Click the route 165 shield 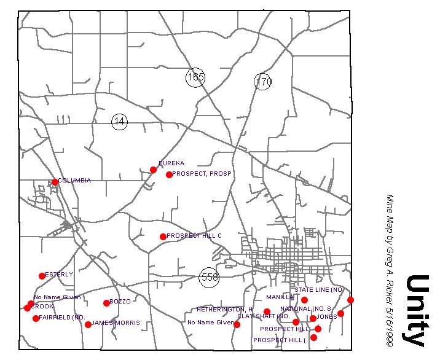[x=195, y=77]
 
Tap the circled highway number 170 [x=263, y=82]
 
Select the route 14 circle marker [x=119, y=122]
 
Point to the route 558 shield [x=210, y=277]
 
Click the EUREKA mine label [x=171, y=163]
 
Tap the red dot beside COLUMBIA [x=55, y=182]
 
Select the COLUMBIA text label [x=74, y=181]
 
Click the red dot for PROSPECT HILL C [x=163, y=237]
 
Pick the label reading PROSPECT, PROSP [x=202, y=174]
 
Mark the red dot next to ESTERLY [x=42, y=276]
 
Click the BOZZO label [x=120, y=302]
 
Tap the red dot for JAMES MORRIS [x=88, y=324]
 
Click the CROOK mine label [x=42, y=306]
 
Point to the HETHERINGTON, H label [x=225, y=309]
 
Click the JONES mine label [x=327, y=317]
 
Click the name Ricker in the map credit [x=389, y=278]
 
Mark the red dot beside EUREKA [x=153, y=170]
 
